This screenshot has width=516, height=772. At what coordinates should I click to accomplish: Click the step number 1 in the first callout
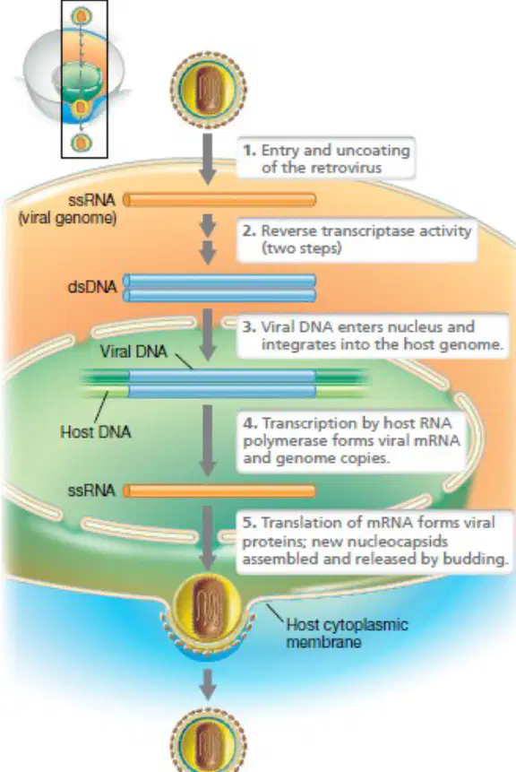click(249, 150)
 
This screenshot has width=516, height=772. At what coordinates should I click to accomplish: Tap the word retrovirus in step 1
click(346, 168)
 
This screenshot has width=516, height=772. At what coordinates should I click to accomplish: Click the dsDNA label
click(92, 287)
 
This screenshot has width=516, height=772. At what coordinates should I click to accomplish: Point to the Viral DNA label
click(133, 351)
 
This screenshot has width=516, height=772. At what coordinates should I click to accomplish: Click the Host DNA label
click(96, 432)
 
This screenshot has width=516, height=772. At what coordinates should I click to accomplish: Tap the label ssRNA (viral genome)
click(67, 208)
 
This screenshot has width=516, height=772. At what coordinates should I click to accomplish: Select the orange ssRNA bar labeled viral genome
click(219, 199)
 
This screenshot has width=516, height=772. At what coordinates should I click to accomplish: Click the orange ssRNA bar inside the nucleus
click(219, 490)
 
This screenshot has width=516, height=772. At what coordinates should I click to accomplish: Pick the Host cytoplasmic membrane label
click(347, 633)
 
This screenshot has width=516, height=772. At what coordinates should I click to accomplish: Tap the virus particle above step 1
click(208, 89)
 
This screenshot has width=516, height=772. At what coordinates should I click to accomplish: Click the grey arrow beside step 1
click(208, 159)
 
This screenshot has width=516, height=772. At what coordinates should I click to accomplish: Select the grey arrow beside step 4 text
click(208, 440)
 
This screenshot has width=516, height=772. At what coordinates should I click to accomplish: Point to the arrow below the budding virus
click(208, 684)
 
